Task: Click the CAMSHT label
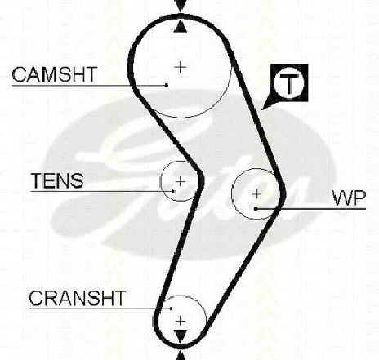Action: pos(55,74)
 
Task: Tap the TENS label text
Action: pos(57,180)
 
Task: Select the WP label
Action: pos(350,198)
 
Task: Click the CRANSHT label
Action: pos(78,298)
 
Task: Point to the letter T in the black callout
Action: pos(289,84)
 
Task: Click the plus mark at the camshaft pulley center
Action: pos(180,67)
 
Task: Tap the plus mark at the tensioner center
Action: pos(181,181)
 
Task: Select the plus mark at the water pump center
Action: pos(256,193)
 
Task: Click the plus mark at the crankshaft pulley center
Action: pos(181,322)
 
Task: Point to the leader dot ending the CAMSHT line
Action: pos(167,86)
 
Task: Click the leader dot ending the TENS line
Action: pos(173,191)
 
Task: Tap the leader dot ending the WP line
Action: pos(256,209)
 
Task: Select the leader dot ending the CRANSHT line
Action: pos(171,309)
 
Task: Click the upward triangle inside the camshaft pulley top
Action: pos(181,28)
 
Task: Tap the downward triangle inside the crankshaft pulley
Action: pos(181,336)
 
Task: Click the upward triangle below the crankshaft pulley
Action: pos(181,355)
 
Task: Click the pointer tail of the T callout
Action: pos(267,102)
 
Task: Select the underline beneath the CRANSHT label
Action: pos(100,309)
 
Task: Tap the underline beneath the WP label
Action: pos(310,209)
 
